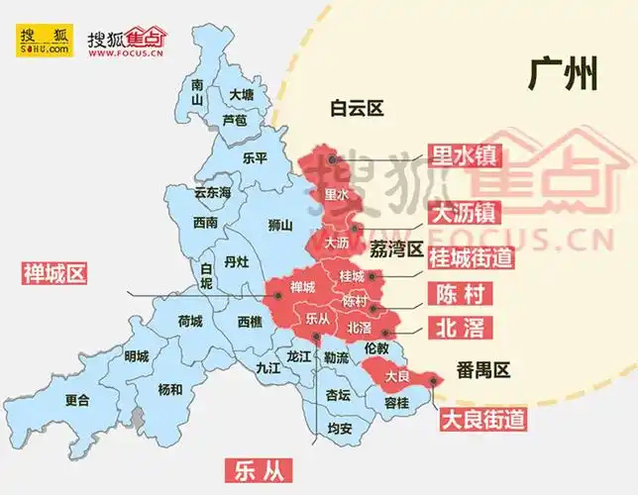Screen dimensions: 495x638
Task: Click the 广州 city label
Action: (563, 74)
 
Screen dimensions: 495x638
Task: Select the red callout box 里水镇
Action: (464, 155)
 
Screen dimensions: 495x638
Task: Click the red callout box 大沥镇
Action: (464, 212)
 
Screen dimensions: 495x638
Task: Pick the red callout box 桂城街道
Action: (471, 258)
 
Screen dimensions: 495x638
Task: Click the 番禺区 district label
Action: (482, 370)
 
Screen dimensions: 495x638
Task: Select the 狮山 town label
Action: (280, 225)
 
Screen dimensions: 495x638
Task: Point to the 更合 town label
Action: (76, 400)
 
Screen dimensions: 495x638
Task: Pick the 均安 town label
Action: (339, 429)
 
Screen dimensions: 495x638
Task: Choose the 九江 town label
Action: (268, 366)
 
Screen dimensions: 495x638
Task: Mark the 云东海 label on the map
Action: (212, 192)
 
